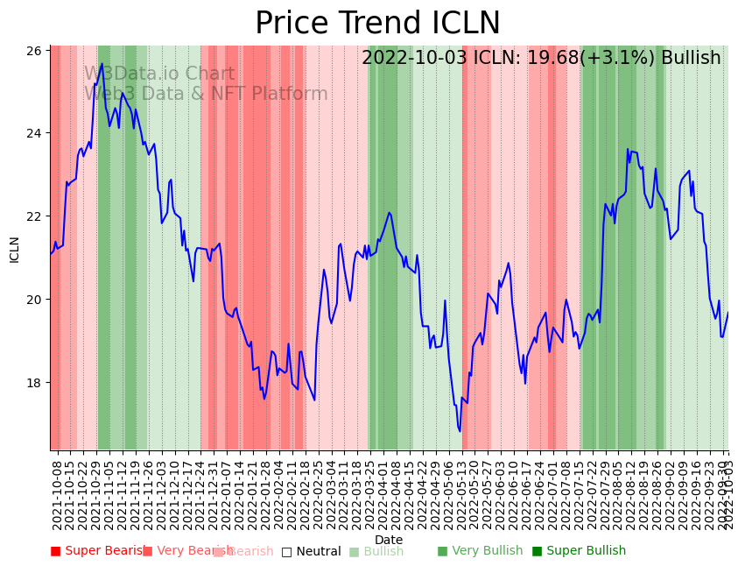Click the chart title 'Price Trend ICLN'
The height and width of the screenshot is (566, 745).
point(377,24)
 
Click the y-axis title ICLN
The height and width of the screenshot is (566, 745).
point(14,249)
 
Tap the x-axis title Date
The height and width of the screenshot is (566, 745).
point(389,540)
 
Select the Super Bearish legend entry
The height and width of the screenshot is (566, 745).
point(94,551)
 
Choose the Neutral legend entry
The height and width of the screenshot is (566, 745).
point(312,551)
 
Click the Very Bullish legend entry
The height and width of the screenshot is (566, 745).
point(480,551)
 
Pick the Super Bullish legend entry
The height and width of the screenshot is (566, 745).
point(579,551)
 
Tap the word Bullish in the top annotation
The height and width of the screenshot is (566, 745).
point(691,58)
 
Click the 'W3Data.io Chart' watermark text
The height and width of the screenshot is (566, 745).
point(159,74)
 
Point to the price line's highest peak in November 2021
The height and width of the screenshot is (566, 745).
point(102,63)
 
